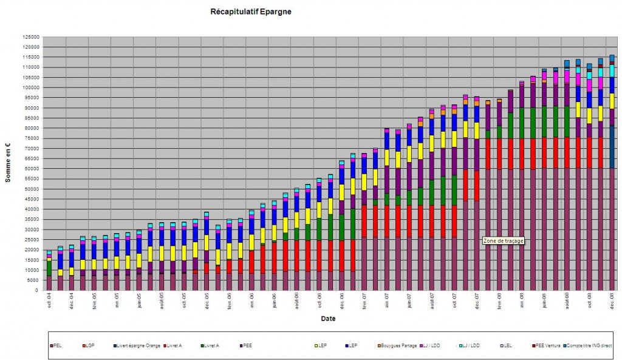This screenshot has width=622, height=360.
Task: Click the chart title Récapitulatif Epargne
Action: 250,12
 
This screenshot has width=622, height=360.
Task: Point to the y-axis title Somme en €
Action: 9,163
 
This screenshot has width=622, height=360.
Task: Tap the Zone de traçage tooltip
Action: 503,240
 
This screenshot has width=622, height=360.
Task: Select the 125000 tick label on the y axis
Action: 29,36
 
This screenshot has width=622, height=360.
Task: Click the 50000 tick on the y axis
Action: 30,189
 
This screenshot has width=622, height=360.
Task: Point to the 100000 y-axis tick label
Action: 29,87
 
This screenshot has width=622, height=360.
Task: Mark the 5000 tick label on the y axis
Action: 32,280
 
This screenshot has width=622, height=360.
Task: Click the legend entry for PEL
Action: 57,345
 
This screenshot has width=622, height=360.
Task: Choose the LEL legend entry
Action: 508,345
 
